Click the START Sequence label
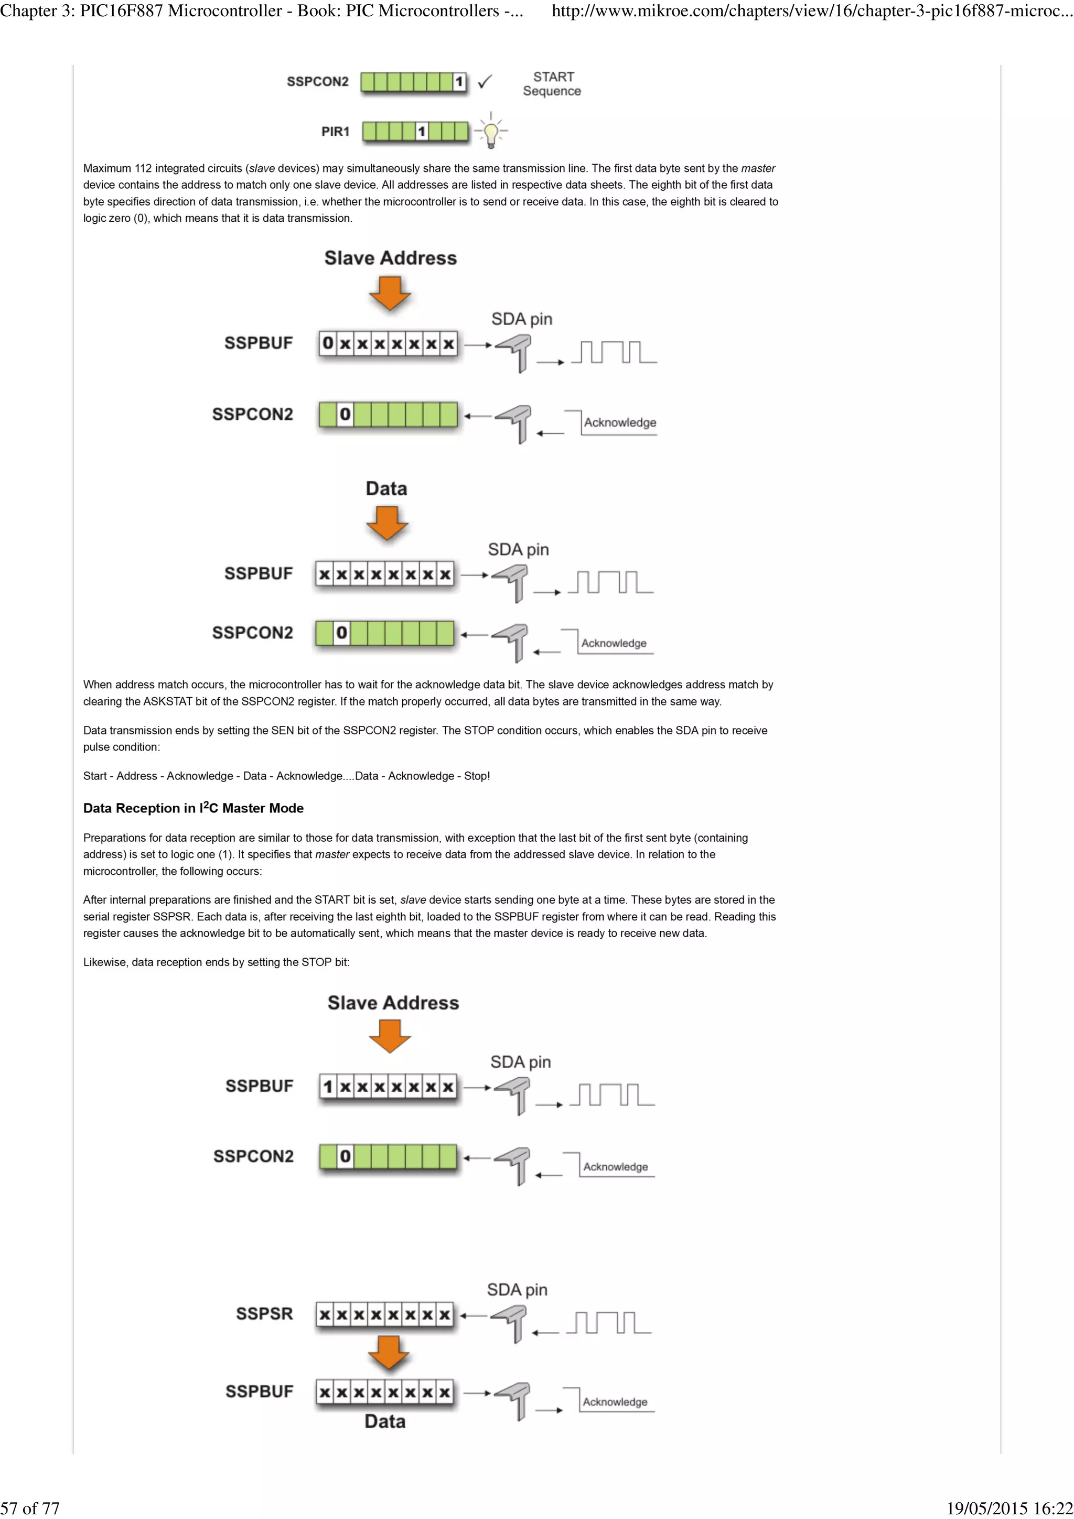coord(552,84)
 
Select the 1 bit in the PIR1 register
coord(422,132)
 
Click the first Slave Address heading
coord(390,258)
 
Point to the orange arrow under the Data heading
coord(386,523)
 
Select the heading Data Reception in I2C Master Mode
coord(193,808)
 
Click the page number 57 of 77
coord(30,1508)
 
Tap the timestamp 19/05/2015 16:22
coord(1009,1508)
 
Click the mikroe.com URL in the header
coord(811,10)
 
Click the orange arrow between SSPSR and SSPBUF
coord(389,1352)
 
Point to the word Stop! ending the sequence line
coord(477,776)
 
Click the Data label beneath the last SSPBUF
coord(384,1421)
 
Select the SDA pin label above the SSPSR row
coord(517,1289)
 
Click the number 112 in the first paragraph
coord(143,169)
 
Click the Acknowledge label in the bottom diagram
coord(615,1402)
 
